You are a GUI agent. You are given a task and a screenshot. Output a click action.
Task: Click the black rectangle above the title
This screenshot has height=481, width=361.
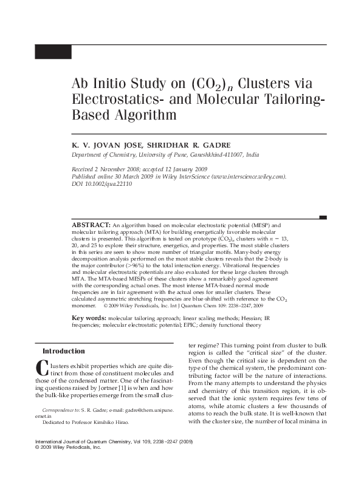53,52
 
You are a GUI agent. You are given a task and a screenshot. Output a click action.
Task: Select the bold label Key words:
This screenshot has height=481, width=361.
89,318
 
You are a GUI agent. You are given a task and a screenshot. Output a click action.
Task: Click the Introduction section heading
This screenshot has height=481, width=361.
63,352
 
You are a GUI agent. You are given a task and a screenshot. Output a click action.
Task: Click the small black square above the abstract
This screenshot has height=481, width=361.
323,217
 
